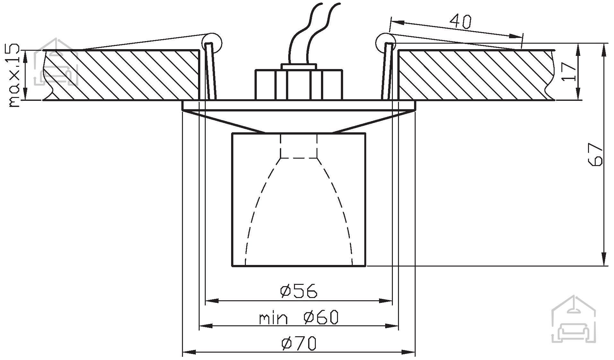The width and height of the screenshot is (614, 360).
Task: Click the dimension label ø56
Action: click(298, 291)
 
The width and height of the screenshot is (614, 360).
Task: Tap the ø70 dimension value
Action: click(298, 343)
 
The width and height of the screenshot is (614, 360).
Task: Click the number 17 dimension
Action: click(569, 72)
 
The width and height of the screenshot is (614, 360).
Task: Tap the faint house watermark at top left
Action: click(56, 62)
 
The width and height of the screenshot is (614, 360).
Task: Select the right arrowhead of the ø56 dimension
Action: click(386, 301)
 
